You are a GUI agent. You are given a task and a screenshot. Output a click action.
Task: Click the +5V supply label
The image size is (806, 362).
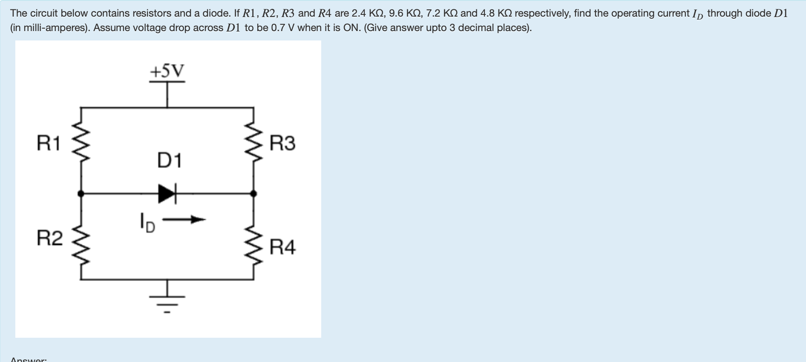(x=167, y=71)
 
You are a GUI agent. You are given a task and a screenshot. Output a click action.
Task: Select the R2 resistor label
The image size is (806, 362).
(x=49, y=238)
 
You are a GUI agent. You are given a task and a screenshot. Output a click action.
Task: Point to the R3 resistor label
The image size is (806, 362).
(x=282, y=143)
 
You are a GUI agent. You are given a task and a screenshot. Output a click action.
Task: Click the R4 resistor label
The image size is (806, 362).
(x=282, y=247)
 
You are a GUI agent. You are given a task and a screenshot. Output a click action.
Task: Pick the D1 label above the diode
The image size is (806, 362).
(x=170, y=161)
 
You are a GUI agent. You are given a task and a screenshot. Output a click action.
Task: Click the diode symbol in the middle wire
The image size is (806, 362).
(x=167, y=194)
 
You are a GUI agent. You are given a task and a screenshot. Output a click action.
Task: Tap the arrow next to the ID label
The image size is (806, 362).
(x=184, y=220)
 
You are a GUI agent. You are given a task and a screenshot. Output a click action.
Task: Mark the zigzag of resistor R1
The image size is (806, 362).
(x=81, y=141)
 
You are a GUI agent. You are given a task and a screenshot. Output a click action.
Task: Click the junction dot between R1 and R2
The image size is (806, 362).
(x=81, y=194)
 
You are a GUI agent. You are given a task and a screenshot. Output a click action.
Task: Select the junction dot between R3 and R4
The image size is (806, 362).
(x=253, y=194)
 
